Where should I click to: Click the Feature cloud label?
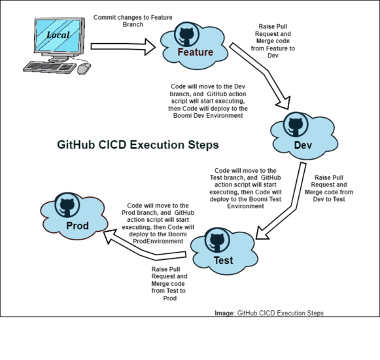tap(196, 52)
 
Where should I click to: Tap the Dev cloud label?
tap(302, 145)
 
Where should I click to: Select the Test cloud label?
tap(223, 261)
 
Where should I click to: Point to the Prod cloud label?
tap(77, 226)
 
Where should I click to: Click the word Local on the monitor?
tap(58, 35)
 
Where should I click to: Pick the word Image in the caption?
tap(224, 313)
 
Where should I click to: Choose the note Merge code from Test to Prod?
tap(169, 284)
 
